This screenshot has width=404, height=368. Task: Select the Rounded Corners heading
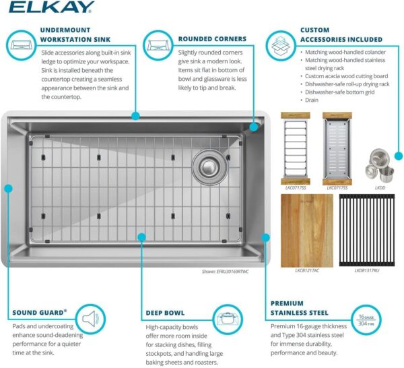(x=212, y=38)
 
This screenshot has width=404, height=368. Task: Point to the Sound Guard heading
(x=40, y=313)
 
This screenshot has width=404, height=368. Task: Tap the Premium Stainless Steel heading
(x=300, y=308)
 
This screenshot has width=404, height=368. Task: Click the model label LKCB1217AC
(x=306, y=270)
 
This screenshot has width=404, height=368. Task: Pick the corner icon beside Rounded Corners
(x=158, y=46)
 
